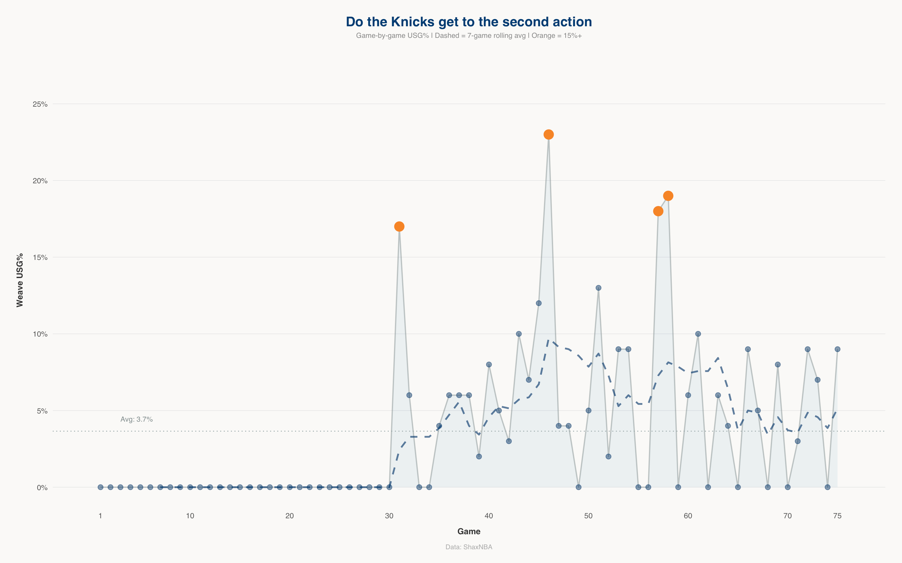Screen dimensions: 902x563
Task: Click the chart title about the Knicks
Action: coord(469,22)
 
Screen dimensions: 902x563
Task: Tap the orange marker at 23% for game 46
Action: coord(549,134)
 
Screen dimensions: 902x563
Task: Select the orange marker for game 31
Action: coord(399,226)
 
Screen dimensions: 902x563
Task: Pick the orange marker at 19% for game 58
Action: coord(668,196)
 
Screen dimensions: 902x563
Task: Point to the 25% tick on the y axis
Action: coord(40,104)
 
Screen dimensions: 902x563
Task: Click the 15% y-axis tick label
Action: coord(40,258)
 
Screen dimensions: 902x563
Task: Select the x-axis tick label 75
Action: coord(837,516)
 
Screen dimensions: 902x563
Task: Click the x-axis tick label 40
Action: coord(489,516)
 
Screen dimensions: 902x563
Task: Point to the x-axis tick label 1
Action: coord(100,516)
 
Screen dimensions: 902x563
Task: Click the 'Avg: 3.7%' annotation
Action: coord(137,419)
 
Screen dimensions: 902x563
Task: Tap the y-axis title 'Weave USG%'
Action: coord(20,280)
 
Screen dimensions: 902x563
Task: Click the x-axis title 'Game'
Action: coord(469,531)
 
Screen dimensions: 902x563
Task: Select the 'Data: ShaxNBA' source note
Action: coord(469,547)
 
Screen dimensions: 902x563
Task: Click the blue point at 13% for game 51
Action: coord(599,288)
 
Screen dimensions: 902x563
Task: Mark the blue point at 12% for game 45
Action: coord(539,303)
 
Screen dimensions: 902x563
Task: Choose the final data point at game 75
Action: coord(837,349)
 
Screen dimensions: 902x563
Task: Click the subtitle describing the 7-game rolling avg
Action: coord(469,36)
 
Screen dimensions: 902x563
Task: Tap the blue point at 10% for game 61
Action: coord(698,334)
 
